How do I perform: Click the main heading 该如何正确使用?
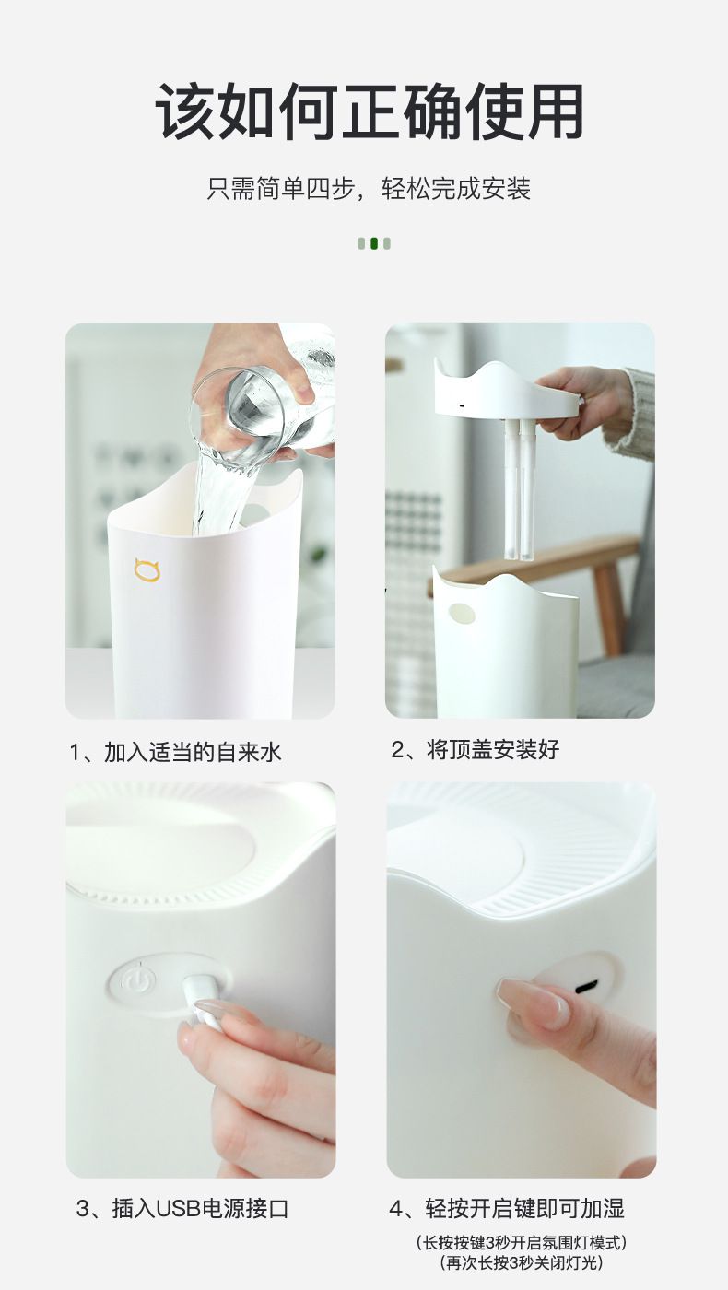click(x=370, y=111)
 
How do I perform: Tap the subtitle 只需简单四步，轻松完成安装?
click(x=370, y=188)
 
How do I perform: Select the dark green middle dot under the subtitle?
click(x=374, y=243)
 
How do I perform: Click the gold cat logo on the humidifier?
click(x=147, y=570)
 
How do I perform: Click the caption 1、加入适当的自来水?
click(x=176, y=753)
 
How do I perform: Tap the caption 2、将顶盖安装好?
click(x=476, y=750)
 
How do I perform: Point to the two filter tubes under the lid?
click(x=520, y=489)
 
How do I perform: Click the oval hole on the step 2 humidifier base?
click(x=462, y=613)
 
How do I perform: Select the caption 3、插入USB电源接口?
click(x=182, y=1208)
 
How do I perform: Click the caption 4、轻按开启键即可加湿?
click(x=507, y=1208)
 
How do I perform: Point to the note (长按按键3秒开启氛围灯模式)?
click(x=522, y=1242)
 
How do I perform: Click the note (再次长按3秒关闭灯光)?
click(x=522, y=1263)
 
